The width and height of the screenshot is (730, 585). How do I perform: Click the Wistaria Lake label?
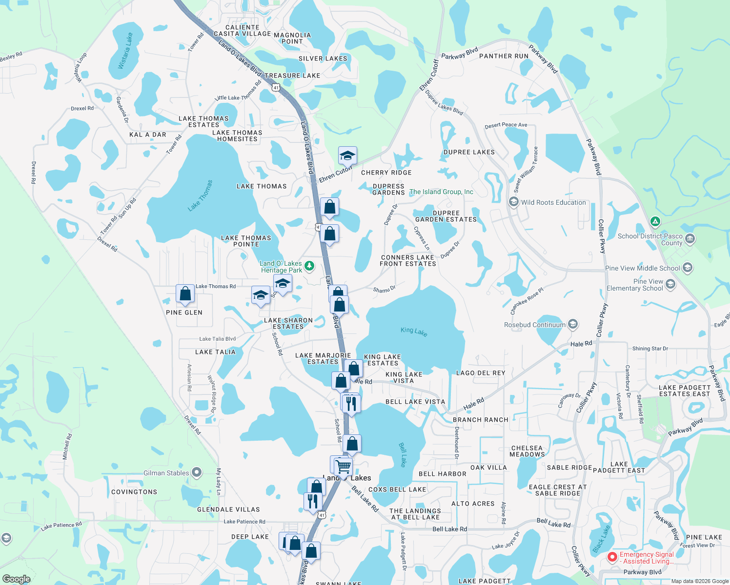[x=125, y=51]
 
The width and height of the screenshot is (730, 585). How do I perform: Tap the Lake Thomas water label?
[x=200, y=195]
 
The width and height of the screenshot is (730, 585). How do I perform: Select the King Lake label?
[x=414, y=331]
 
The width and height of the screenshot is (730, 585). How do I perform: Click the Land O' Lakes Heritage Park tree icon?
[x=309, y=266]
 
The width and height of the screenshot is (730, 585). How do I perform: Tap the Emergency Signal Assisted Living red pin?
[x=612, y=557]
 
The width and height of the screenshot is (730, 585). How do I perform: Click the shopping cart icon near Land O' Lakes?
[x=343, y=466]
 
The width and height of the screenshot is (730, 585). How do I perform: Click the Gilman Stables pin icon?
[x=197, y=472]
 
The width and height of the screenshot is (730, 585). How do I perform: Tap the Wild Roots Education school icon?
[x=513, y=202]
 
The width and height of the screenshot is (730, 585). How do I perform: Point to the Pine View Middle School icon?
[x=688, y=268]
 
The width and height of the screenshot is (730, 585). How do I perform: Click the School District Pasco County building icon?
[x=690, y=239]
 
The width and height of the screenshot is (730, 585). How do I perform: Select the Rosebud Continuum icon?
[x=573, y=324]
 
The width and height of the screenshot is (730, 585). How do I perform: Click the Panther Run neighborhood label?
[x=504, y=56]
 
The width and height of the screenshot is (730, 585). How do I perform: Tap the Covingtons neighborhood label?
[x=134, y=492]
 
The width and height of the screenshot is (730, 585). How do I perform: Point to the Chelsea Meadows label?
[x=527, y=451]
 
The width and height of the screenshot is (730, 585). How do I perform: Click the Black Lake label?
[x=602, y=539]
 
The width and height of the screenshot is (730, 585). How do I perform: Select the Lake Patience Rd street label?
[x=61, y=526]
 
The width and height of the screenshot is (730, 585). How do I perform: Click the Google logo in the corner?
[x=17, y=579]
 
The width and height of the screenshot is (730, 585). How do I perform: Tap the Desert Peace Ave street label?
[x=506, y=125]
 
